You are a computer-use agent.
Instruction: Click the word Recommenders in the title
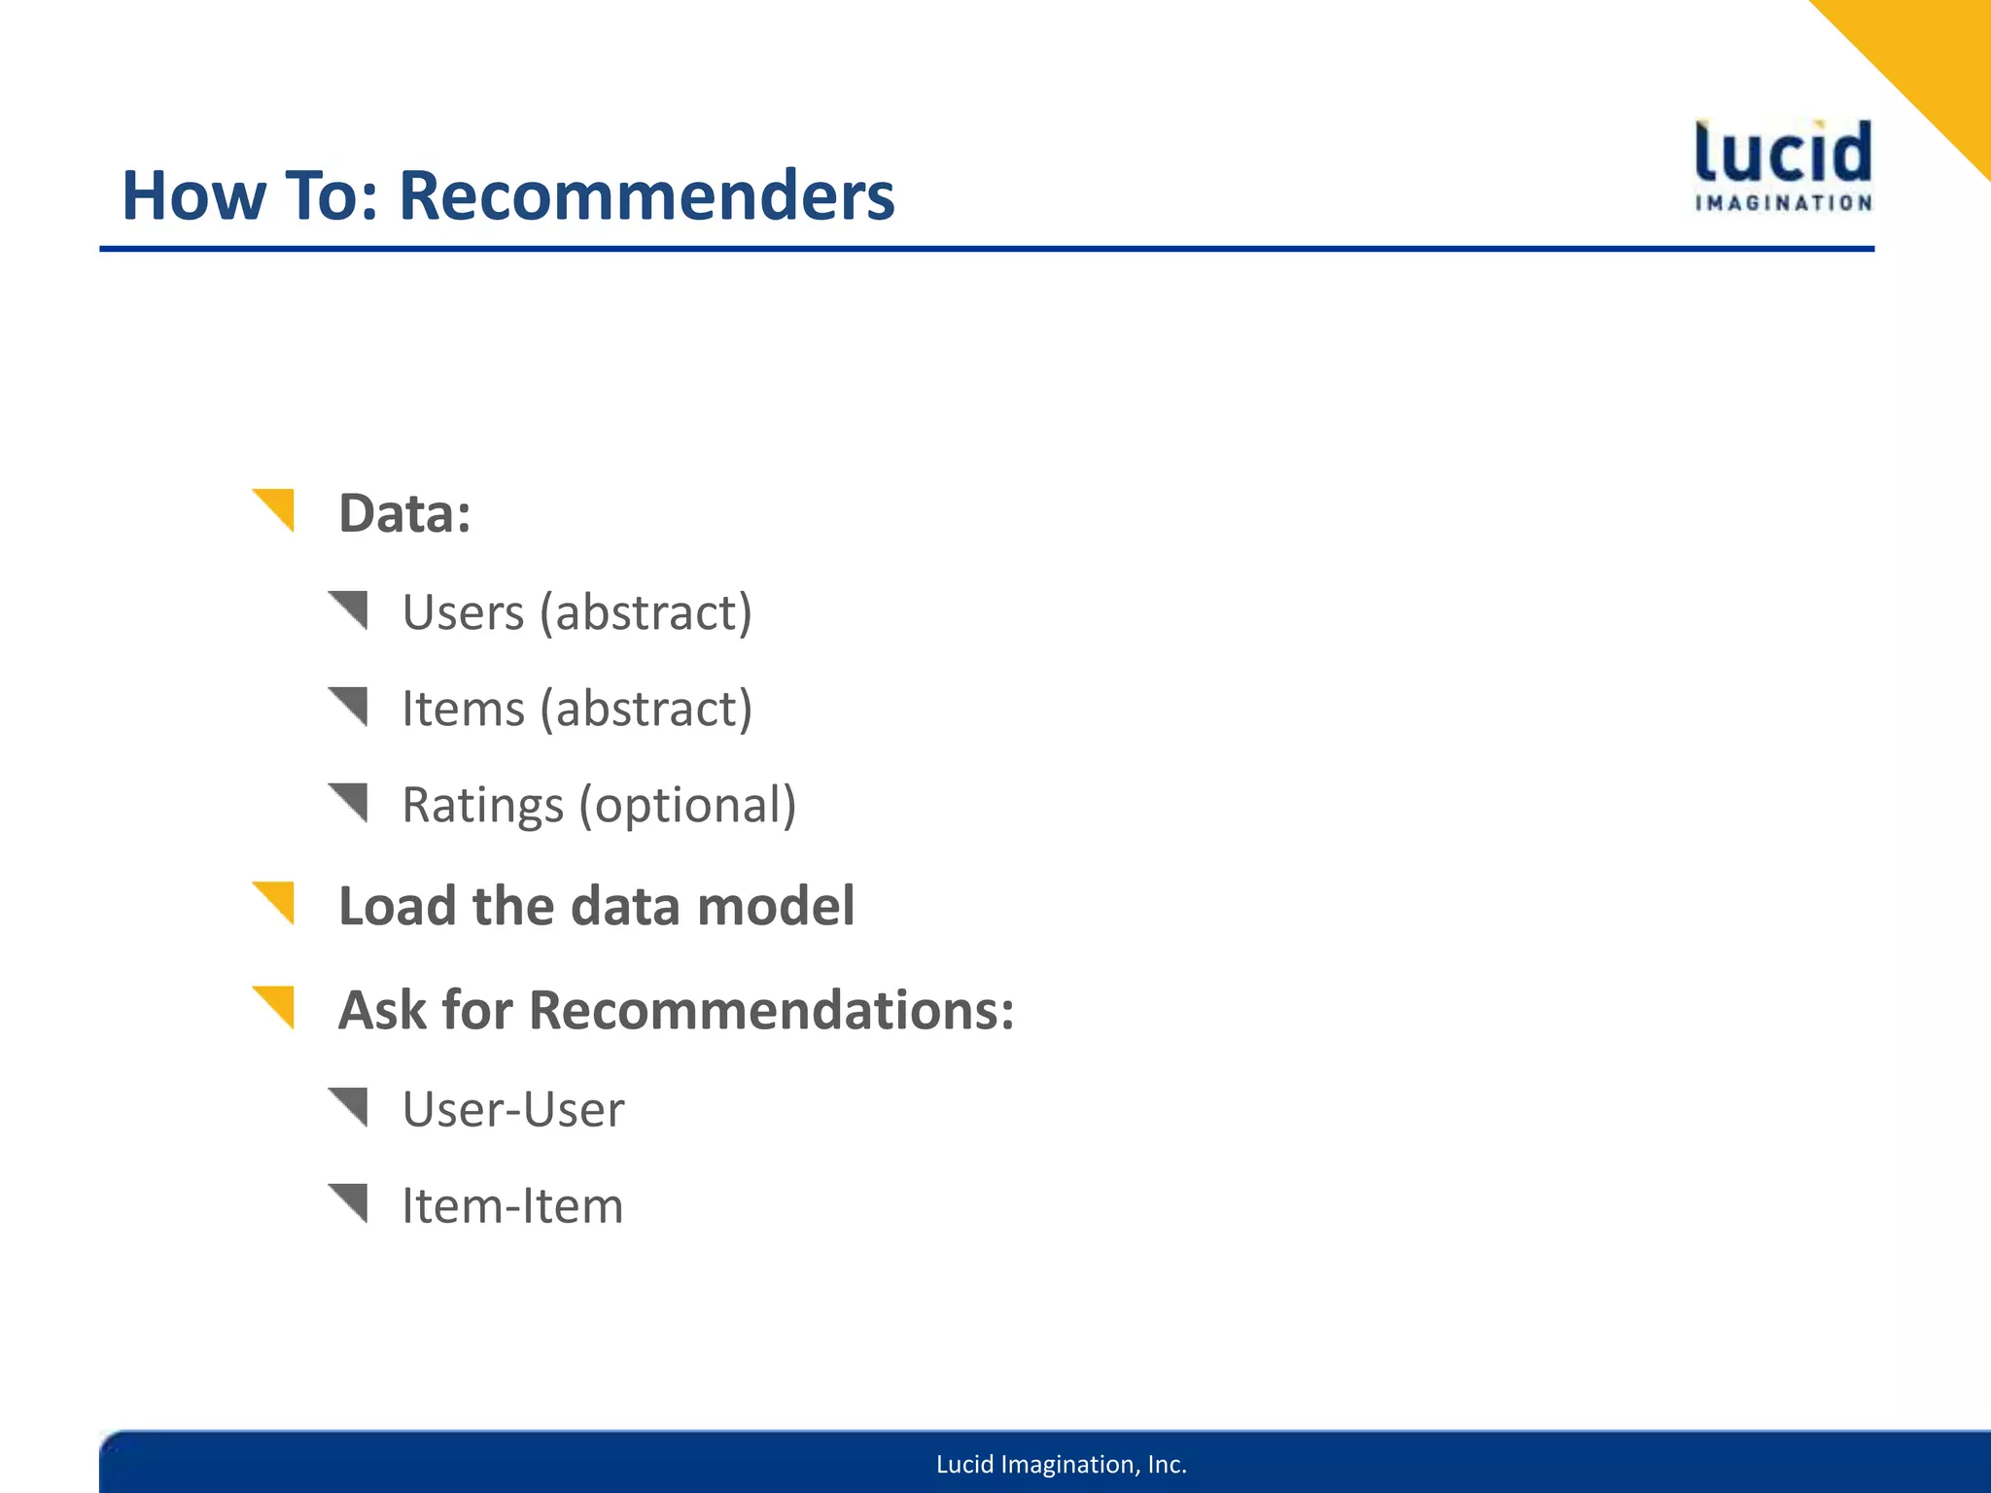click(646, 195)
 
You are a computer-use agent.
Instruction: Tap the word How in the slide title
click(192, 195)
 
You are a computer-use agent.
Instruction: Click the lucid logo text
click(1783, 154)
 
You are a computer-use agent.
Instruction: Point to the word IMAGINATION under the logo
click(1783, 203)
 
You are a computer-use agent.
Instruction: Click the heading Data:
click(404, 513)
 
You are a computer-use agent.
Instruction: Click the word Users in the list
click(463, 612)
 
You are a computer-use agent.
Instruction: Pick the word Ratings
click(482, 805)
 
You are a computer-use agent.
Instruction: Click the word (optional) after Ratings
click(688, 805)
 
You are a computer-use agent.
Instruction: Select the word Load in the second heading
click(397, 906)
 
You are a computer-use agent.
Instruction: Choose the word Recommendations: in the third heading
click(772, 1010)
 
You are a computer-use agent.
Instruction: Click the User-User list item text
click(513, 1109)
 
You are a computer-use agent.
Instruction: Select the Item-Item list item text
click(512, 1205)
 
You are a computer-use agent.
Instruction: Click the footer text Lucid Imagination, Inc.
click(1061, 1464)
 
